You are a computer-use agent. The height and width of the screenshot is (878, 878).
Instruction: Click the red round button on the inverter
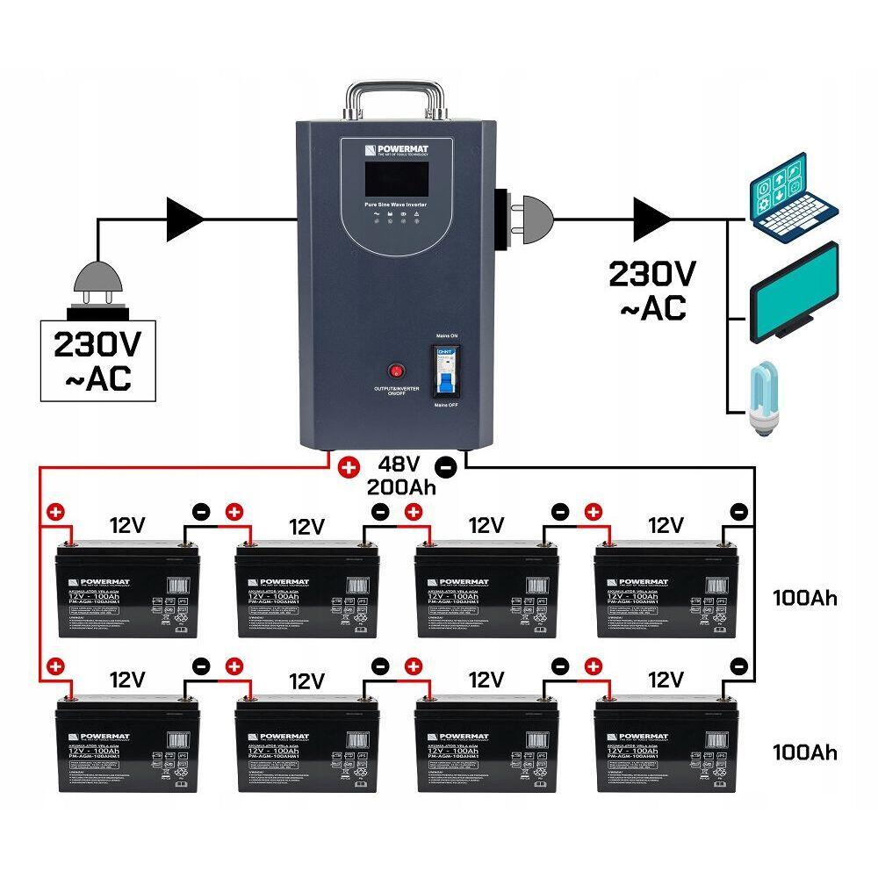coord(397,371)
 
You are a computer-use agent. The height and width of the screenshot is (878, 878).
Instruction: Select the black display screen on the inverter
coord(392,176)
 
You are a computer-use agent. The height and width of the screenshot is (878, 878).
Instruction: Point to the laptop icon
coord(793,198)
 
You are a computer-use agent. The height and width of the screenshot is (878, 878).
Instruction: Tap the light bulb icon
coord(762,399)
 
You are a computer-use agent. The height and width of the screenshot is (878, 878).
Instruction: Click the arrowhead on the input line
coord(185,219)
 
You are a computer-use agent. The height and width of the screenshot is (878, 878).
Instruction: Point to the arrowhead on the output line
coord(651,219)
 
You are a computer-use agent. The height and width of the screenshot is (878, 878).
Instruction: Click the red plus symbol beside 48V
coord(349,467)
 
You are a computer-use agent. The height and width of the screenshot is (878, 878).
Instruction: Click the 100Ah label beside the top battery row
coord(804,599)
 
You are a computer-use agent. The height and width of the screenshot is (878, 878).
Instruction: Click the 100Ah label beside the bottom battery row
coord(804,752)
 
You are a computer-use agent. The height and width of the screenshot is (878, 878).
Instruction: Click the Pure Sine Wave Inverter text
coord(395,204)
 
